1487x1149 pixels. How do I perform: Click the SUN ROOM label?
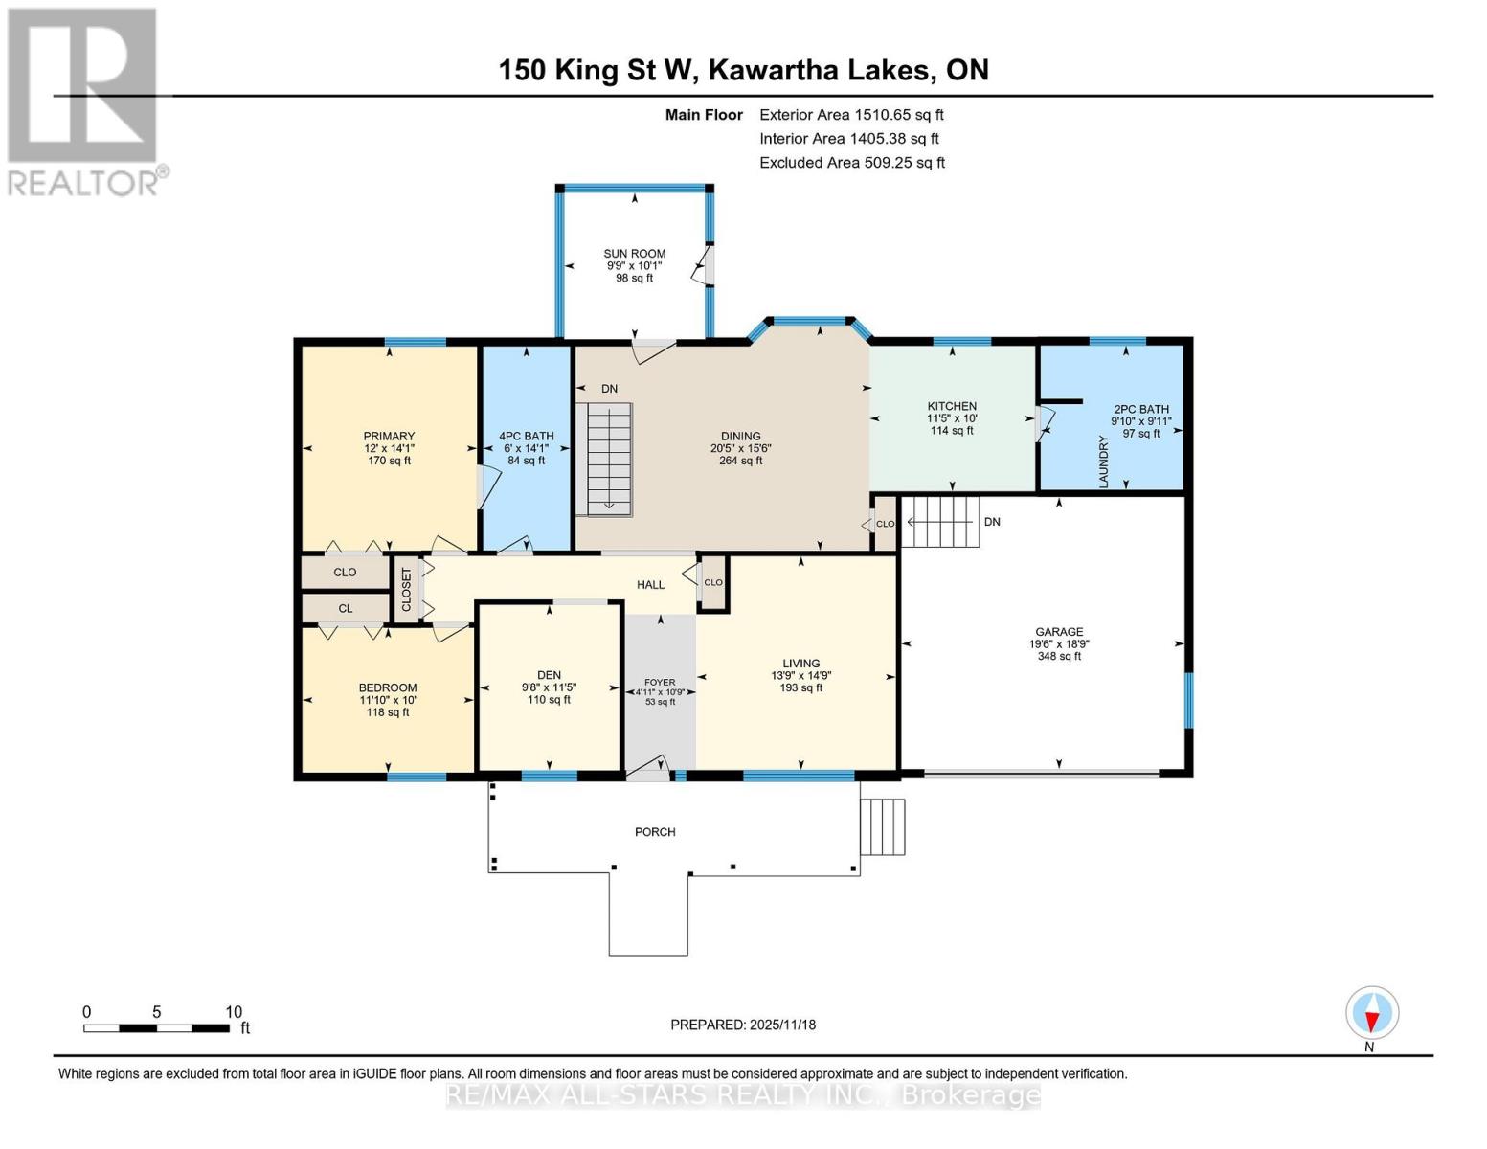[634, 254]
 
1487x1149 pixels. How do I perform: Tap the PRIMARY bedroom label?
[389, 436]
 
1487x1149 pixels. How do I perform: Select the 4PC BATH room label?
[527, 436]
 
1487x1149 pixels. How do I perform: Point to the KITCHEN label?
[951, 406]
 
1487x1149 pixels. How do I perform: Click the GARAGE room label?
[1058, 632]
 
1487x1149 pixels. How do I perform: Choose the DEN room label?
[549, 675]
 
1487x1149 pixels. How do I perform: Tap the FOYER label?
[660, 683]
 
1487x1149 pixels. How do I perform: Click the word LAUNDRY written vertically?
[1103, 462]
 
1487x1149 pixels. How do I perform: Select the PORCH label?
[655, 832]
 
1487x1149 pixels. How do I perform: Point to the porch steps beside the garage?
[883, 826]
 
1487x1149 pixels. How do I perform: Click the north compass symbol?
[1371, 1013]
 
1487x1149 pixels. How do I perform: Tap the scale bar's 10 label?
[234, 1012]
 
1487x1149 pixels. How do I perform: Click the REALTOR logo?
[84, 101]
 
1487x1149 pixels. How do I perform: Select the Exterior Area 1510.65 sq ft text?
[851, 115]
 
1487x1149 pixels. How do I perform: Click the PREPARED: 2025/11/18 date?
[743, 1025]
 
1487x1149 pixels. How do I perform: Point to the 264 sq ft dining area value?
[740, 461]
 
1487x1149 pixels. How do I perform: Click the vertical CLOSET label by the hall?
[406, 590]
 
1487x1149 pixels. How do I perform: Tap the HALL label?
[650, 584]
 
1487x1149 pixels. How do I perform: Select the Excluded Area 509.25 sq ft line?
[852, 163]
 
